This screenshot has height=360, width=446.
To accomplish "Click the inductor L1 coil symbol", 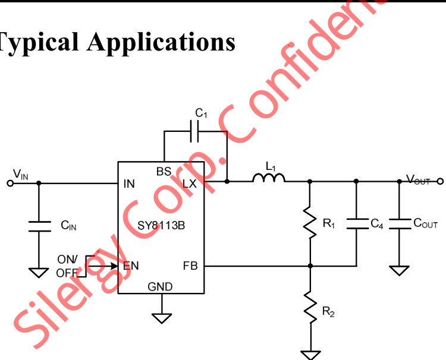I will [269, 178].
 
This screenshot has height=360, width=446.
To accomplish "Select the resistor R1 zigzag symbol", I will [309, 222].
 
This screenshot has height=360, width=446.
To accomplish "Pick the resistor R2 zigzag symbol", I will [309, 306].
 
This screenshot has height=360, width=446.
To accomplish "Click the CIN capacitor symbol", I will [39, 226].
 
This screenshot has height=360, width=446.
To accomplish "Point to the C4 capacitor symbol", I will [356, 223].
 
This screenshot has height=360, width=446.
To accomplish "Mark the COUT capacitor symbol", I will [400, 223].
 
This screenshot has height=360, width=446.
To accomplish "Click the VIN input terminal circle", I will [10, 183].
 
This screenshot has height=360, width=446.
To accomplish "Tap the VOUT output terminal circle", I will [440, 181].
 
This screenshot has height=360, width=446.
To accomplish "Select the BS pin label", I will [164, 172].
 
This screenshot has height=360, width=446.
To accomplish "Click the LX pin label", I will [189, 184].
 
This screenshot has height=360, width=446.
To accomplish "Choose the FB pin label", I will [190, 266].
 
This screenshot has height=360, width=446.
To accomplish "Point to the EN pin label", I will [131, 266].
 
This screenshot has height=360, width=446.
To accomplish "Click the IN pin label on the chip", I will [129, 184].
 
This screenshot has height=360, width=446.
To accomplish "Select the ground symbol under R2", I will [309, 355].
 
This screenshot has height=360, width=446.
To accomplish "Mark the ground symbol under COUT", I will [400, 270].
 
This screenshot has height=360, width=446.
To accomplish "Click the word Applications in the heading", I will [161, 42].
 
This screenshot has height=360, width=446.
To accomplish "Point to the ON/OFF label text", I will [67, 266].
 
